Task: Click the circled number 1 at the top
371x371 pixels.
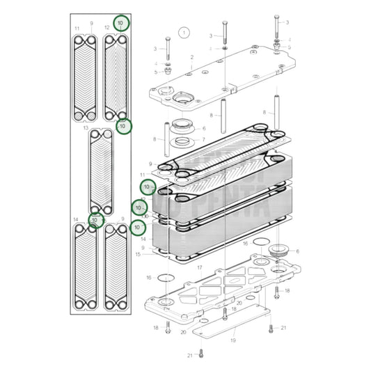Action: click(x=183, y=32)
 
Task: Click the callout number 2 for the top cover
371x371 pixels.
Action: click(x=191, y=57)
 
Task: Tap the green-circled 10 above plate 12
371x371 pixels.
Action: click(x=121, y=23)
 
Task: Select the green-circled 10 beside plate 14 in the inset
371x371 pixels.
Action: click(x=95, y=220)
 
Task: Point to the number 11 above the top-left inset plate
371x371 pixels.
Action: click(x=77, y=28)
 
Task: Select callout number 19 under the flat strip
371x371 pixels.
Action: click(x=233, y=340)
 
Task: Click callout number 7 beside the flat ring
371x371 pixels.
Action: click(x=204, y=143)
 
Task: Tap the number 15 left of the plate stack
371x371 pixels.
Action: click(x=138, y=254)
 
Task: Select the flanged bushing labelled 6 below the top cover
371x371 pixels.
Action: click(x=184, y=128)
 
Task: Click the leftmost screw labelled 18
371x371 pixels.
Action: click(x=167, y=329)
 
